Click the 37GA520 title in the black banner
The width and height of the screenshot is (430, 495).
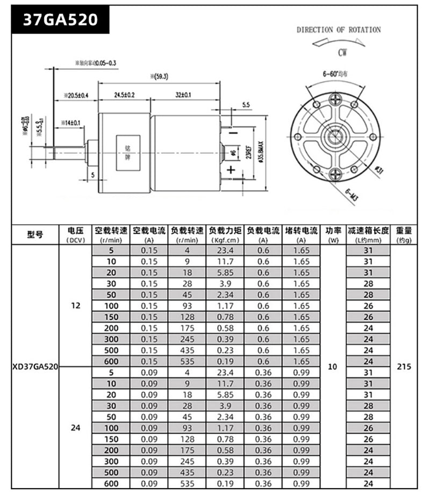(x=60, y=20)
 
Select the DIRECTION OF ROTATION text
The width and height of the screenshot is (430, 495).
(x=339, y=30)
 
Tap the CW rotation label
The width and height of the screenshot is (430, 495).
(x=342, y=53)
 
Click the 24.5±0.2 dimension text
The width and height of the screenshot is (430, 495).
(x=124, y=95)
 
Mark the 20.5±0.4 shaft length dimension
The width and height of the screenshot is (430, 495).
(x=76, y=95)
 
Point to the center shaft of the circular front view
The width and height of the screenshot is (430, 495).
(x=335, y=135)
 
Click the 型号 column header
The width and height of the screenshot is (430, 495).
(x=35, y=234)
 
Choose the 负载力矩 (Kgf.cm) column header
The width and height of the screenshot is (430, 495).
(x=225, y=234)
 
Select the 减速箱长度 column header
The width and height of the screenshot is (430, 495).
(x=368, y=234)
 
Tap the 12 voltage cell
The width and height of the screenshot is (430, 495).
(x=75, y=305)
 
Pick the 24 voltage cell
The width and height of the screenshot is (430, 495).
(x=75, y=428)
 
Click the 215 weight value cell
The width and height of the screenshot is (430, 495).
(x=403, y=367)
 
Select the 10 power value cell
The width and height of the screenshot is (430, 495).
(x=333, y=367)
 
